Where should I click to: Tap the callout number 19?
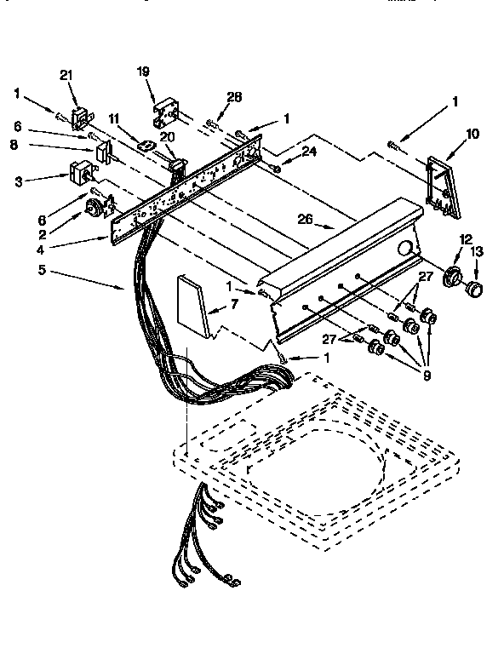[143, 73]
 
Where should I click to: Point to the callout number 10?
[472, 133]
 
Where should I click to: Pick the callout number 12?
[465, 239]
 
